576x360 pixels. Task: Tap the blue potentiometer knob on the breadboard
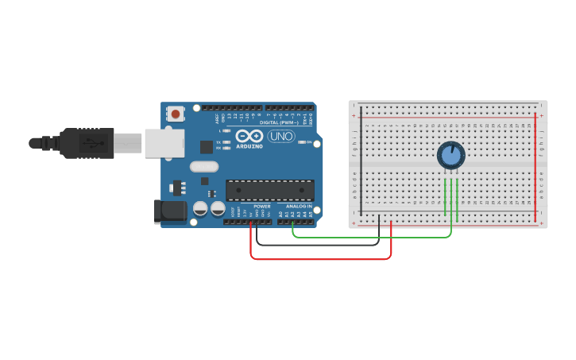[x=450, y=155]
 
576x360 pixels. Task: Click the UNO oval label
[x=280, y=137]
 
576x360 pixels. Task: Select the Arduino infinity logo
[x=249, y=137]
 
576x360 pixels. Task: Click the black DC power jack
[x=169, y=211]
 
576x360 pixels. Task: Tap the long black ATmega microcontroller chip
[x=269, y=190]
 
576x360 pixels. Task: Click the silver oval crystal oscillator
[x=203, y=167]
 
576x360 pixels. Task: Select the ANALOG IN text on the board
[x=299, y=206]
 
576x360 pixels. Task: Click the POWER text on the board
[x=262, y=206]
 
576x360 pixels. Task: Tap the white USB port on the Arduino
[x=164, y=143]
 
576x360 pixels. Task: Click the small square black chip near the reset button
[x=207, y=146]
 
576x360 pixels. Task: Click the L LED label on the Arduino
[x=220, y=130]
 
